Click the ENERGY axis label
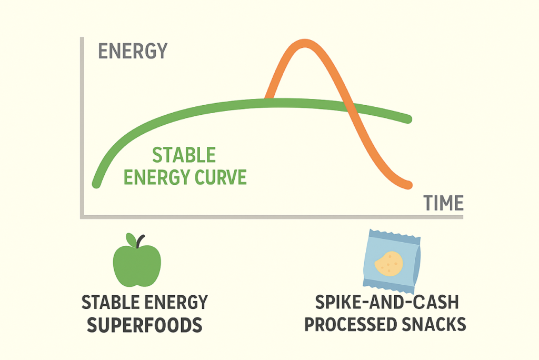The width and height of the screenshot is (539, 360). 133,51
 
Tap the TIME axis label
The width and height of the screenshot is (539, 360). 443,203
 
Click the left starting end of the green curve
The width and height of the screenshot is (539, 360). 97,184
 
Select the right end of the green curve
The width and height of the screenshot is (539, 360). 408,119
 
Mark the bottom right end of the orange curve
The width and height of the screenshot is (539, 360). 408,185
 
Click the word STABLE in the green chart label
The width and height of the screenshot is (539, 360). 184,155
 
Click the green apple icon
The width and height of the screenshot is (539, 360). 137,260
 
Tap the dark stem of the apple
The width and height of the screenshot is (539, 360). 139,242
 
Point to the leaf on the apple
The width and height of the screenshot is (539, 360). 131,239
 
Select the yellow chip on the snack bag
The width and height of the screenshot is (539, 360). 389,264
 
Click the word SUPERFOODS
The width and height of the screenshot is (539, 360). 144,325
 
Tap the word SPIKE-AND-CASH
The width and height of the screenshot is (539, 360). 387,302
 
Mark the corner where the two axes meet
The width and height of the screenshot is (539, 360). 82,217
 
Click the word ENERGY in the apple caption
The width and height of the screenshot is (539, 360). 176,303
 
